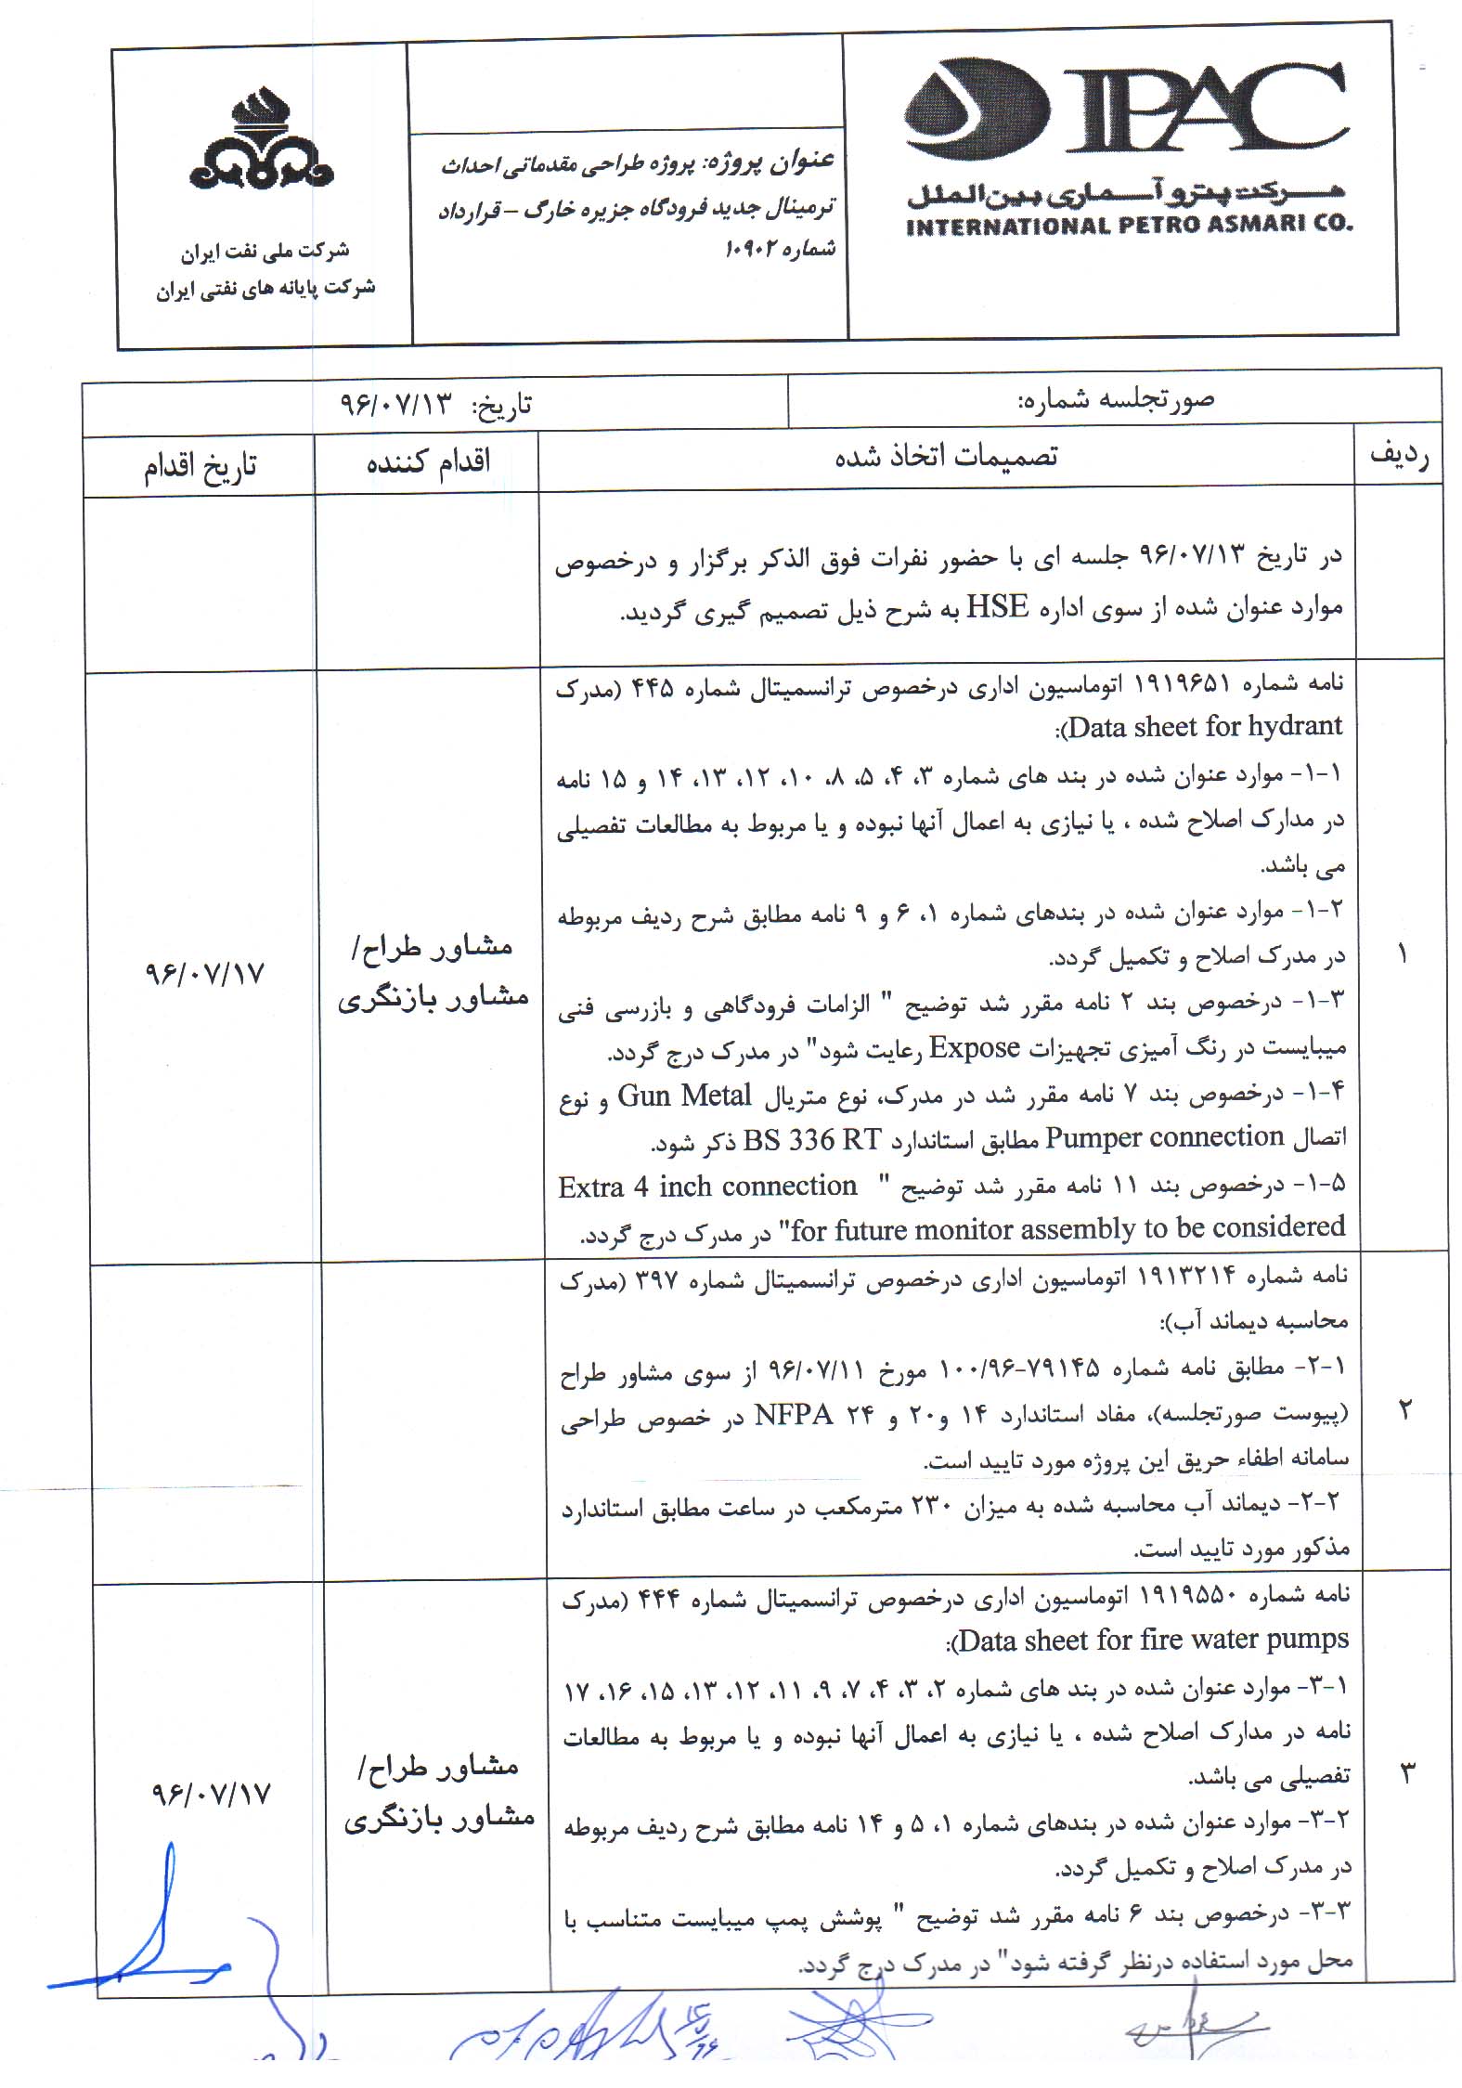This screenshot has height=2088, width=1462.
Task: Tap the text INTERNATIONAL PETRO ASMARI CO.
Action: coord(1129,226)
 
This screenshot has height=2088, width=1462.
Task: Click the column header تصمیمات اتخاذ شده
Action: coord(946,457)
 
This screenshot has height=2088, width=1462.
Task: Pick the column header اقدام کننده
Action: coord(428,461)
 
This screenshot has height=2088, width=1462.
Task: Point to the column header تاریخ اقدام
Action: coord(200,465)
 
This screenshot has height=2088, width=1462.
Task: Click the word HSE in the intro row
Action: coord(998,607)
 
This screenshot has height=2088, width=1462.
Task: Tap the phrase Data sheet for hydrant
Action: coord(1205,725)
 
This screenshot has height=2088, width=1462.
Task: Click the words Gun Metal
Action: coord(684,1096)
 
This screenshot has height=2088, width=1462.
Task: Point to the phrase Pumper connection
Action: coord(1164,1137)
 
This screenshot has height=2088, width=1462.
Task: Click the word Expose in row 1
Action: coord(975,1048)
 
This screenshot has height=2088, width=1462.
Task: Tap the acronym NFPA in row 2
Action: coord(793,1414)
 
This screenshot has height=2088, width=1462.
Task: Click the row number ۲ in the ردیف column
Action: coord(1404,1410)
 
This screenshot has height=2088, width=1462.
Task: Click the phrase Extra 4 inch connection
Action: coord(707,1187)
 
